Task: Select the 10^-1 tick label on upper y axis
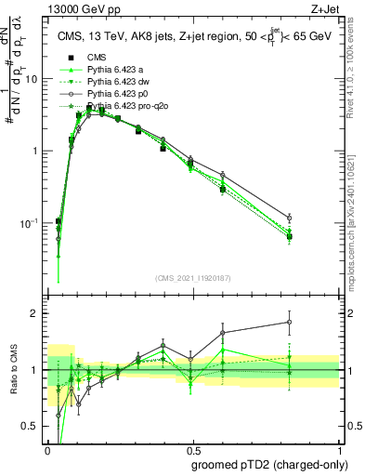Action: coord(30,223)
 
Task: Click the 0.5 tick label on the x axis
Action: coord(193,447)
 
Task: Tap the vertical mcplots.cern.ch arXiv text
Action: coord(354,214)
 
